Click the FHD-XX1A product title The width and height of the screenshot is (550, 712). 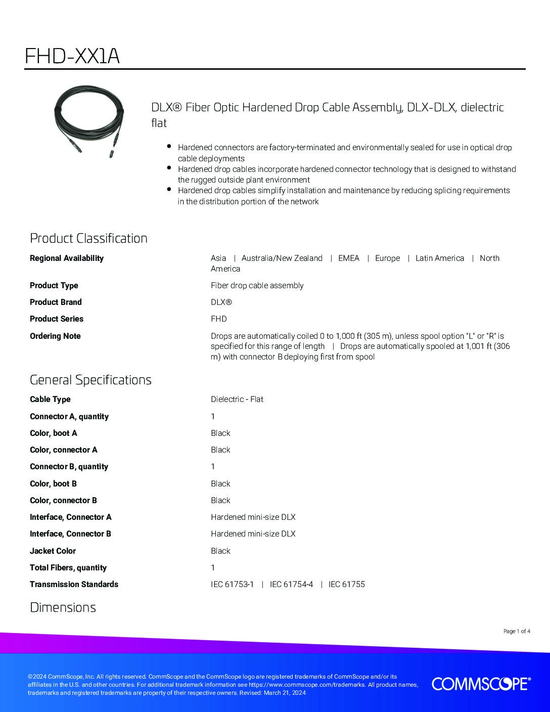[x=72, y=56]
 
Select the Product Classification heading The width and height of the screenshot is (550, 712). [x=88, y=238]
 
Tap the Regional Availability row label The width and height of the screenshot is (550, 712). [x=67, y=258]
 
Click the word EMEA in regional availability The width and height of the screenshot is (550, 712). [x=349, y=258]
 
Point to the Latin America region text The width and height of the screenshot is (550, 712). [x=440, y=258]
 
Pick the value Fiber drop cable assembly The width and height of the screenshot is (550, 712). [x=257, y=285]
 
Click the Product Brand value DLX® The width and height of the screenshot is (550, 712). [x=221, y=302]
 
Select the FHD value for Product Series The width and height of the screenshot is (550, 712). [x=219, y=319]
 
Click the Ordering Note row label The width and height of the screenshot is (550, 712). [x=55, y=336]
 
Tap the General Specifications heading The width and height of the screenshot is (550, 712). [x=90, y=380]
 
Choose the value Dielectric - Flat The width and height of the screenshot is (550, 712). [x=237, y=399]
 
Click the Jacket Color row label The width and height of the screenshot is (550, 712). [x=53, y=551]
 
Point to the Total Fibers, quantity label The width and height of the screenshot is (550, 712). [x=68, y=567]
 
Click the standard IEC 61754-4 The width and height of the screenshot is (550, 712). [x=291, y=584]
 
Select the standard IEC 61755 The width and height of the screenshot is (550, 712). [x=347, y=584]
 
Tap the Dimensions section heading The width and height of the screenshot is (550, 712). [x=63, y=607]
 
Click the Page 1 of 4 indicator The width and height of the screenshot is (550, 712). [x=517, y=631]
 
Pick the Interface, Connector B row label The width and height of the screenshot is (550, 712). [x=70, y=533]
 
